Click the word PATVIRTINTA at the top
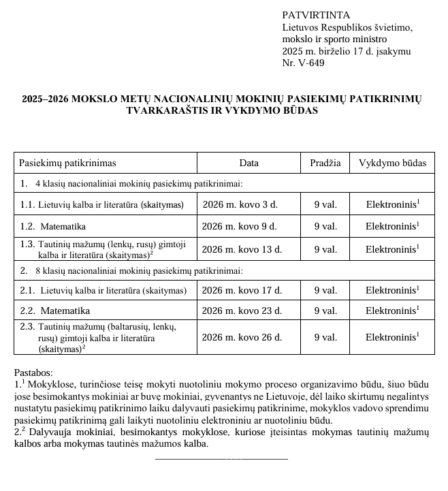(316, 15)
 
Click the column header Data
(249, 163)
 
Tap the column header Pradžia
(325, 163)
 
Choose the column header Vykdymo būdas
(392, 163)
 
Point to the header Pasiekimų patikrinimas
(67, 163)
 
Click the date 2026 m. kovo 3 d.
(240, 204)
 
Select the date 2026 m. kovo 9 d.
(240, 226)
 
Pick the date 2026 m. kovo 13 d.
(242, 249)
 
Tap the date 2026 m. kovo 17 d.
(242, 290)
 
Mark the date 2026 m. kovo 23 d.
(242, 311)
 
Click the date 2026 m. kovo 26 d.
(242, 337)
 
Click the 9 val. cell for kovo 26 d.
(325, 337)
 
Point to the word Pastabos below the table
(33, 373)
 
